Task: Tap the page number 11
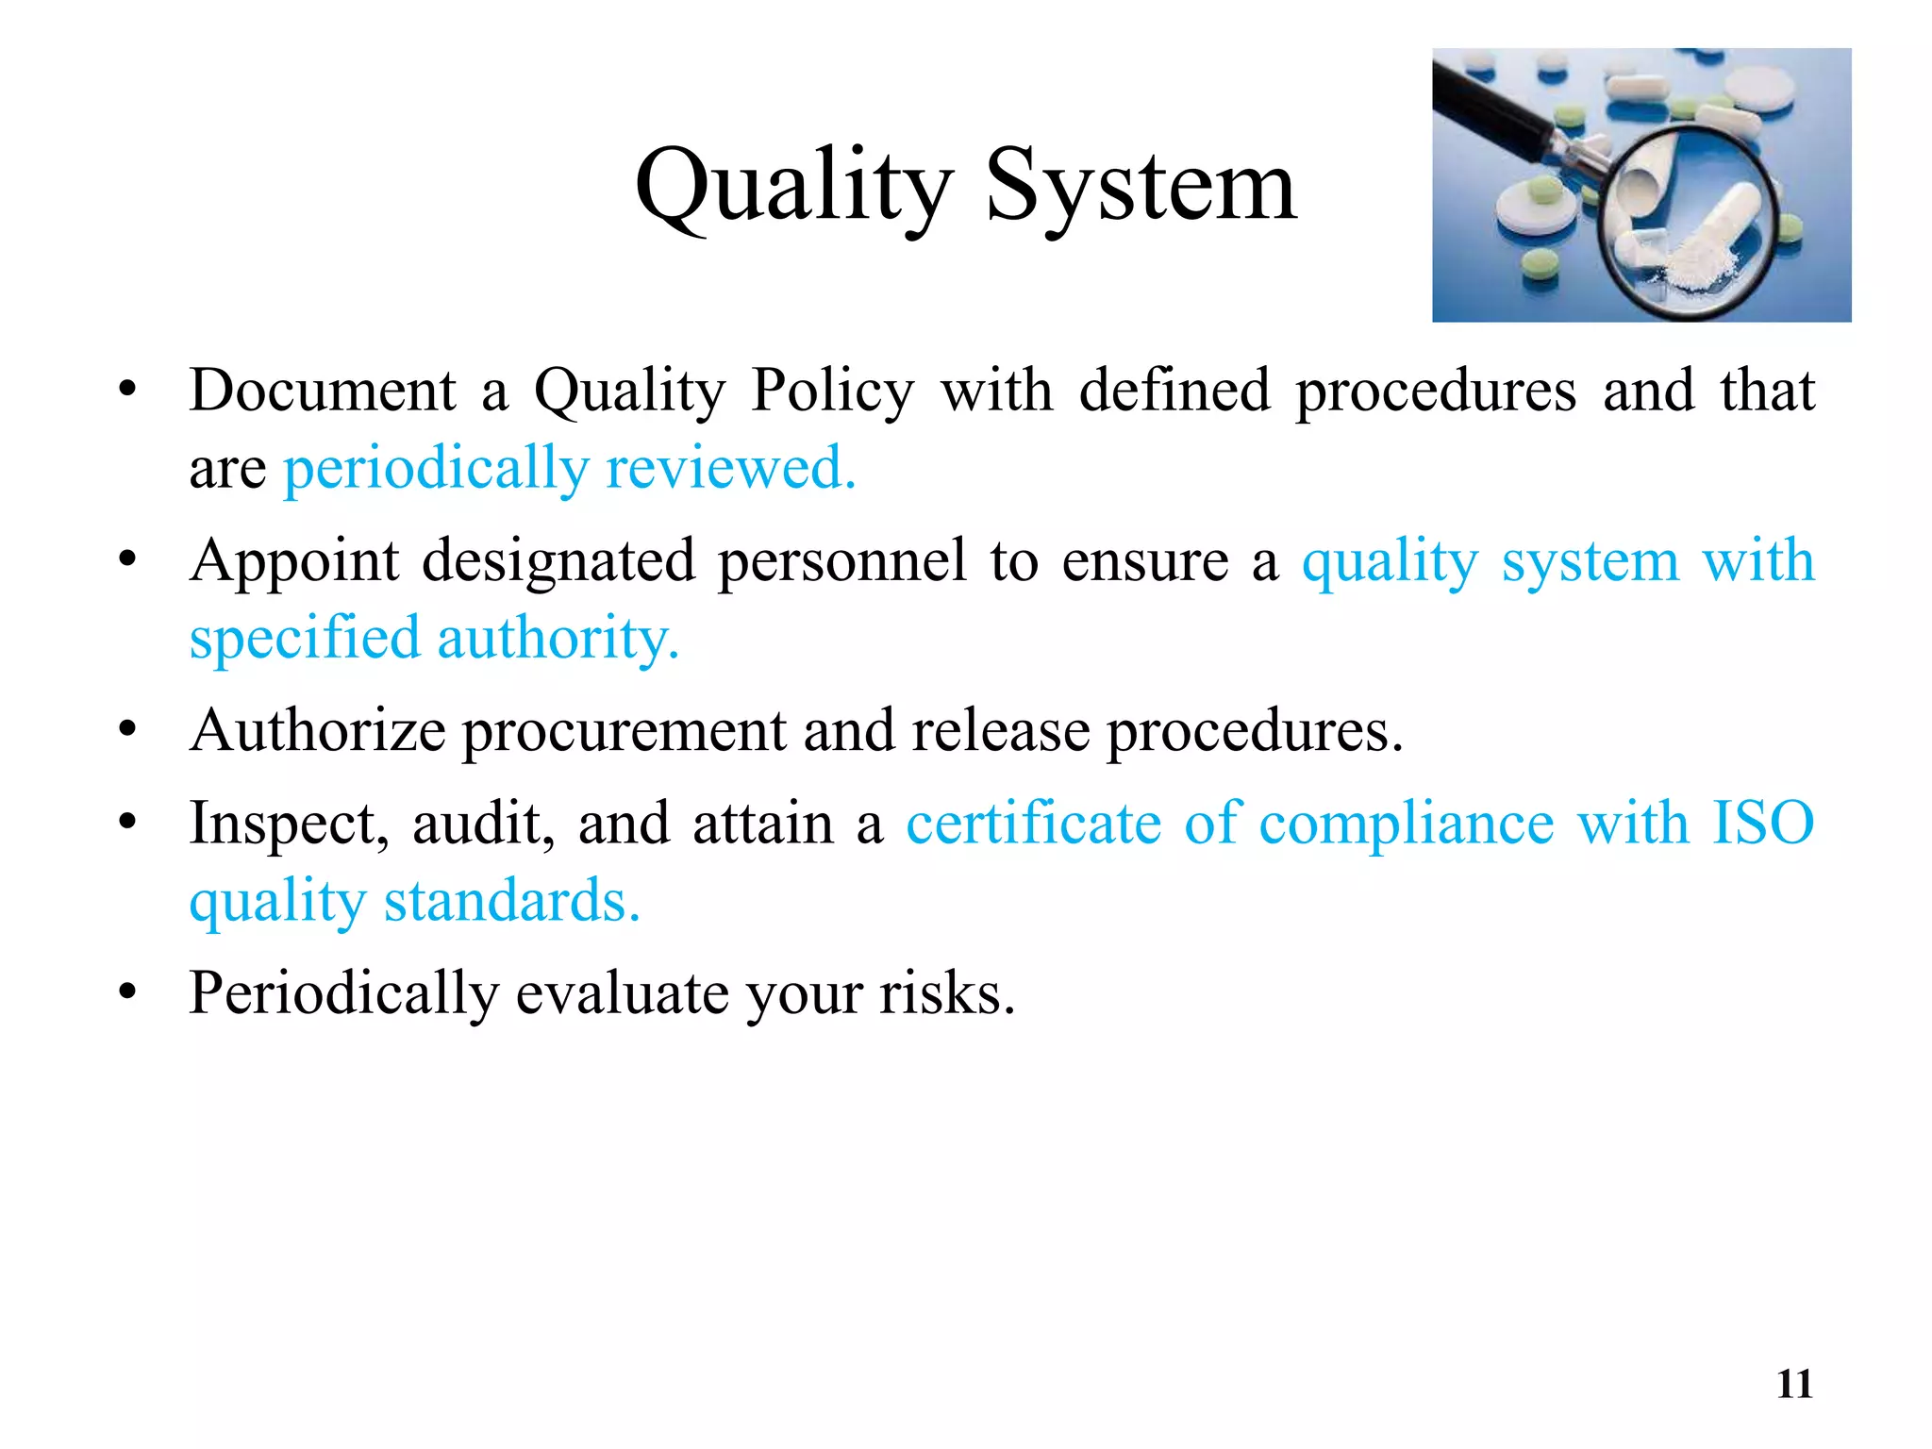pyautogui.click(x=1794, y=1384)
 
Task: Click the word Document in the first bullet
pyautogui.click(x=323, y=391)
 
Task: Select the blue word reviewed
pyautogui.click(x=730, y=468)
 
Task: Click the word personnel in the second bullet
pyautogui.click(x=841, y=561)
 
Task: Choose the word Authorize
pyautogui.click(x=318, y=731)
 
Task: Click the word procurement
pyautogui.click(x=623, y=731)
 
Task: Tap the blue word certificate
pyautogui.click(x=1033, y=824)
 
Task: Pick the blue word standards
pyautogui.click(x=511, y=901)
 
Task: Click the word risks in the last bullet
pyautogui.click(x=946, y=993)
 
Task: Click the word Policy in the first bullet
pyautogui.click(x=832, y=391)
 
